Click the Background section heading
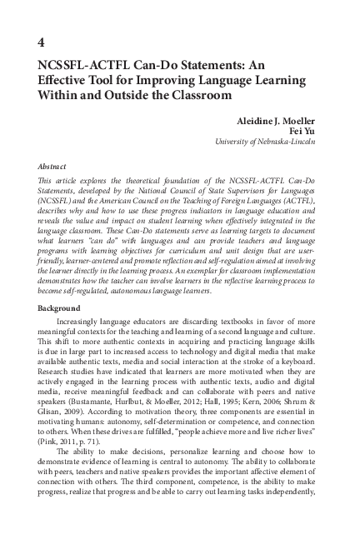click(x=59, y=307)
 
